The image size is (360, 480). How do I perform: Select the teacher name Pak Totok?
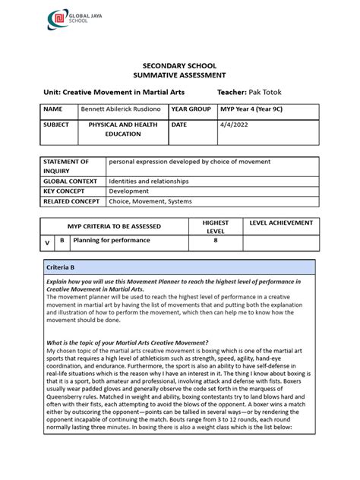point(267,92)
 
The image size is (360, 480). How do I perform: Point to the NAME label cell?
point(52,109)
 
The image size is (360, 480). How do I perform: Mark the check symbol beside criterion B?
point(47,242)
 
